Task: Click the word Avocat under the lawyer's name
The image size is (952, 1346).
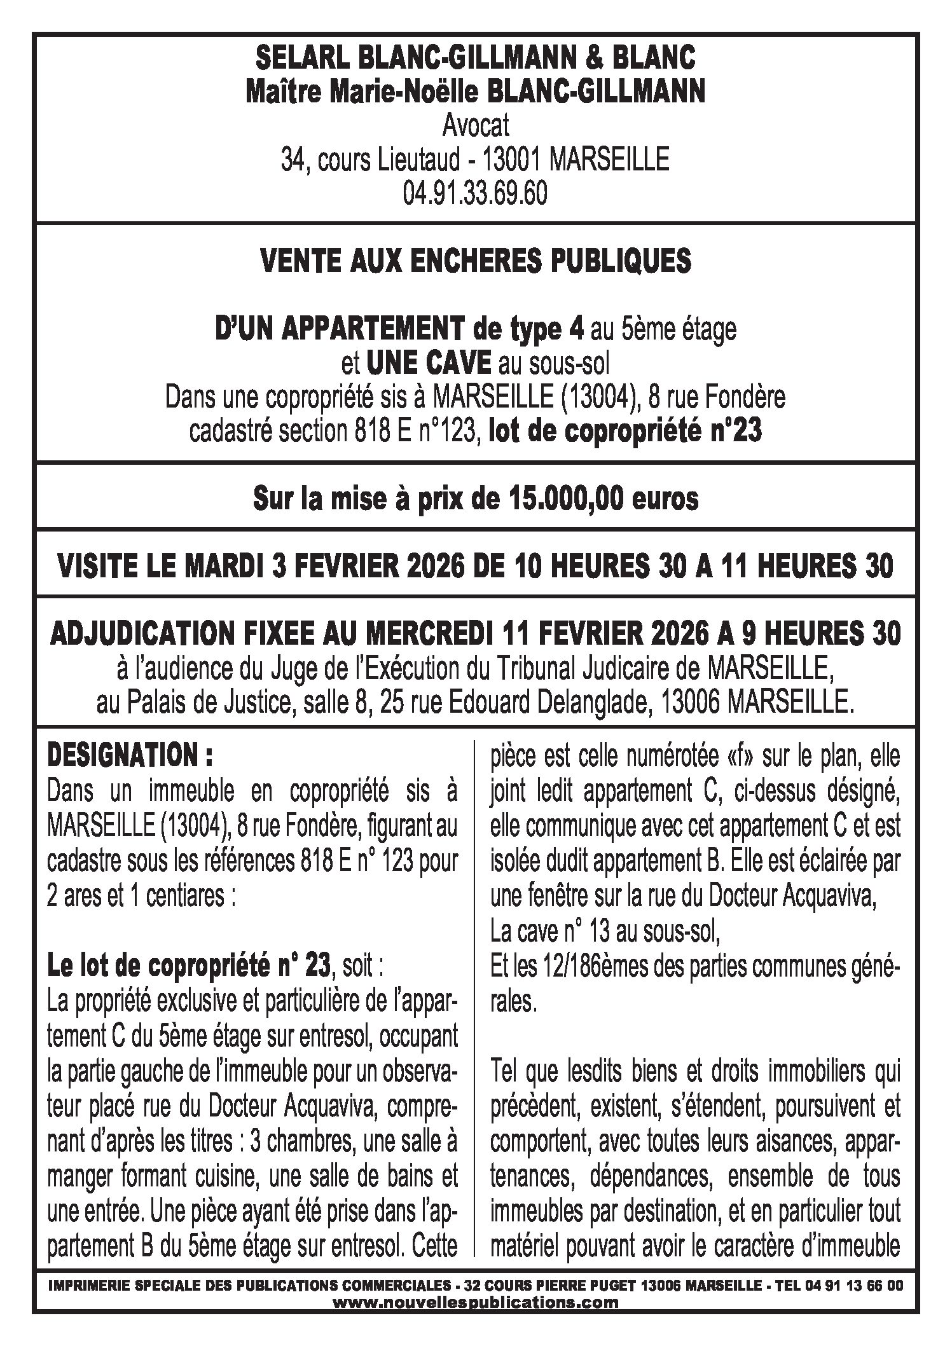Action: pyautogui.click(x=476, y=127)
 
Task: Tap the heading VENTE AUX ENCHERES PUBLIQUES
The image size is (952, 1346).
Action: pyautogui.click(x=476, y=262)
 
